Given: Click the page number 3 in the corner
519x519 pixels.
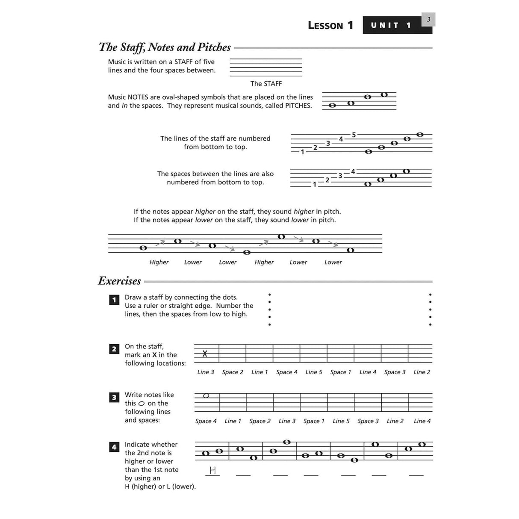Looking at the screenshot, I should point(428,19).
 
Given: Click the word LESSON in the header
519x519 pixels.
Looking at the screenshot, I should point(325,26).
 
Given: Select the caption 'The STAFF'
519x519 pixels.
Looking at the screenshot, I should point(266,84).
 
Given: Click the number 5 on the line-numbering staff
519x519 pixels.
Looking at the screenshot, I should point(354,135).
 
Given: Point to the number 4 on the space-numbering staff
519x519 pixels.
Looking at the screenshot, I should point(353,171).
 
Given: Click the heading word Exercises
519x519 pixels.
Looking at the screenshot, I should point(119,281).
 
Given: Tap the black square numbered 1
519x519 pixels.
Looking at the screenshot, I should point(114,300).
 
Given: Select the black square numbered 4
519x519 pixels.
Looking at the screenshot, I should point(114,447).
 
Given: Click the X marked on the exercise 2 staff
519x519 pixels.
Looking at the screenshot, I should point(205,354).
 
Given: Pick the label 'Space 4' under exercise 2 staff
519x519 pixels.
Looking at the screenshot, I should point(286,372).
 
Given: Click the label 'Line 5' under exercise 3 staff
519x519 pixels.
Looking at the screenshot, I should point(341,421).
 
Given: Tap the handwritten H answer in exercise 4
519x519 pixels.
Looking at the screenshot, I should point(212,471).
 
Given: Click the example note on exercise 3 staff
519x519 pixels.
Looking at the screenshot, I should point(206,395).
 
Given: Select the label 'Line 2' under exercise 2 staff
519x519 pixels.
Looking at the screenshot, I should point(422,372).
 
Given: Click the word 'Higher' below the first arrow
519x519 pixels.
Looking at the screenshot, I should point(159,262).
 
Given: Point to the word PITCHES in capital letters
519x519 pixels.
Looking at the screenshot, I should point(298,106).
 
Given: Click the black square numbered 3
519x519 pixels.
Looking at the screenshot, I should point(114,398).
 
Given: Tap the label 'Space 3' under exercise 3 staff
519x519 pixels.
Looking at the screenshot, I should point(368,421).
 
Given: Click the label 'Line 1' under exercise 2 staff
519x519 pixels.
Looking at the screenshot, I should point(259,372).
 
